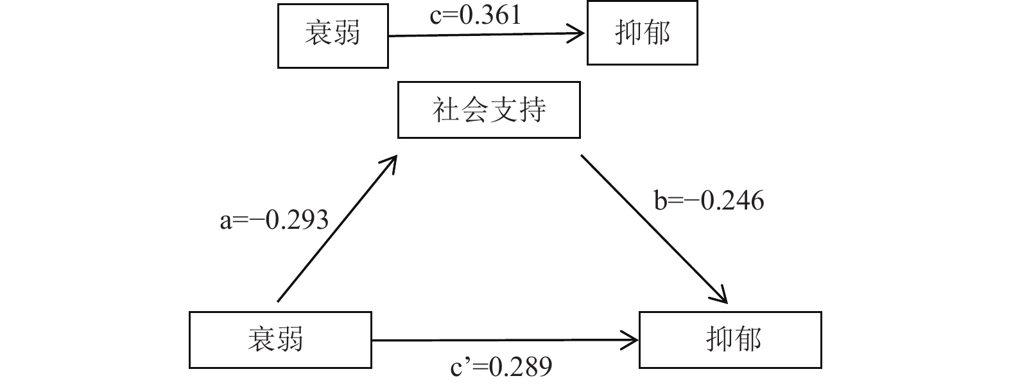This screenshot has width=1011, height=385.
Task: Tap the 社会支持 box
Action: (x=488, y=109)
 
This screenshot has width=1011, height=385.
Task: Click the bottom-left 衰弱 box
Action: (x=280, y=339)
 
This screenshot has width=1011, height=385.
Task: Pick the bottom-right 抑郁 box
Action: (x=730, y=339)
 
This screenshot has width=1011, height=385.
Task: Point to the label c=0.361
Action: (x=475, y=15)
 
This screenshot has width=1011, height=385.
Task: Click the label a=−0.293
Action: (x=274, y=220)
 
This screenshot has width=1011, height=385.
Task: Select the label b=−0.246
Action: (x=709, y=201)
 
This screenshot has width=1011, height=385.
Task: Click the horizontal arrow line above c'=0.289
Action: (x=501, y=340)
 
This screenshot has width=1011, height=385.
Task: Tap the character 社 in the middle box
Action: (x=446, y=109)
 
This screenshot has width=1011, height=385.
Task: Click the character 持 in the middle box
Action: (x=532, y=109)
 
